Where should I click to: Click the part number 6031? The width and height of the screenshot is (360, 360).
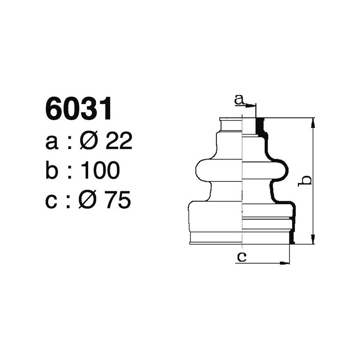click(78, 109)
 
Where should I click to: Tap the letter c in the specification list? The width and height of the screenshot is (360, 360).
click(52, 201)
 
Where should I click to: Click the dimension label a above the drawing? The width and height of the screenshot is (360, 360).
click(239, 99)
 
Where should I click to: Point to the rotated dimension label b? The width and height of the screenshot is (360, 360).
click(306, 180)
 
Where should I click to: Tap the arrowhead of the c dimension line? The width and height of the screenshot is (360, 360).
click(285, 262)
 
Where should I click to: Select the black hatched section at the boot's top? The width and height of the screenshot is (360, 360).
click(259, 126)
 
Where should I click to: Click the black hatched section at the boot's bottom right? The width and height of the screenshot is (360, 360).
click(292, 237)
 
